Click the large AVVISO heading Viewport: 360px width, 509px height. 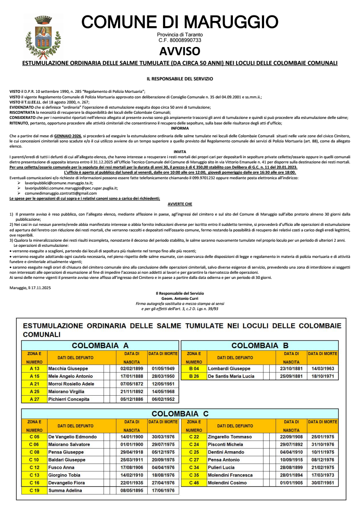pos(180,51)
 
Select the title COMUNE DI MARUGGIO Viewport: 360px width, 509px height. pos(180,22)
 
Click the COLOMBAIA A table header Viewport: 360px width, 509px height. pos(100,346)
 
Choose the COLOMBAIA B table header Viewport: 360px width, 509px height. pos(260,346)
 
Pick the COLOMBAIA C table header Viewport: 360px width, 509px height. pos(180,414)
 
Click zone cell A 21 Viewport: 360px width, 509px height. pos(34,384)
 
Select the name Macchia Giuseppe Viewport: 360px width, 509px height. pos(68,369)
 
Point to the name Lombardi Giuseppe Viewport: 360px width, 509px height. pos(229,369)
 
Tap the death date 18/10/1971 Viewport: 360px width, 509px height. pos(323,376)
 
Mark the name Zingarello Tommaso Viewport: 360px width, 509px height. pos(229,437)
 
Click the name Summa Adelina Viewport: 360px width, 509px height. pos(65,491)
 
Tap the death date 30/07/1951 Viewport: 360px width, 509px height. pos(323,483)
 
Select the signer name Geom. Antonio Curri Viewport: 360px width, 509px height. pos(180,298)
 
